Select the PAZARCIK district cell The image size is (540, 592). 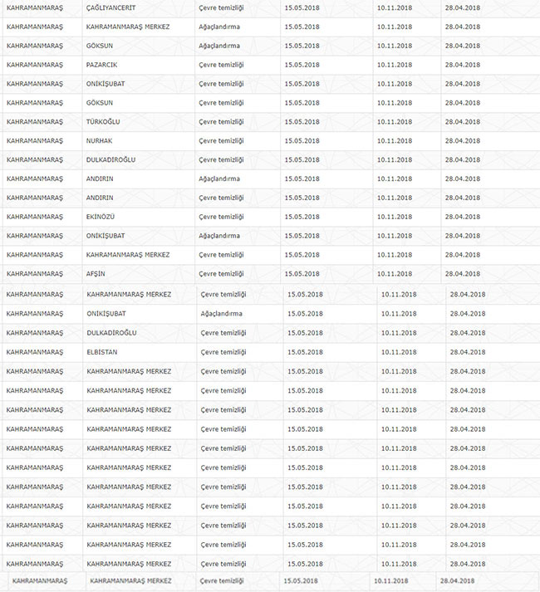102,64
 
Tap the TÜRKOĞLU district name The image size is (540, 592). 103,121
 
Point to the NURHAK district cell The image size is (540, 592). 101,140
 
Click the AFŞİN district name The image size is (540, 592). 97,273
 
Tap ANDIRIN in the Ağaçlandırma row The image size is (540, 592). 100,179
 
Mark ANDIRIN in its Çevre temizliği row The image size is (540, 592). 100,198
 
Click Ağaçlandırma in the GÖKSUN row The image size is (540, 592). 219,46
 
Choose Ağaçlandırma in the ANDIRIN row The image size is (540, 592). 219,179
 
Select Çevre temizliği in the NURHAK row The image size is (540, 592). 221,140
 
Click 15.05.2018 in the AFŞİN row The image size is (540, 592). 301,273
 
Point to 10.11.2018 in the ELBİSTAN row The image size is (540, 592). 399,352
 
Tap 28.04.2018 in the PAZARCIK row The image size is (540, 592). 462,64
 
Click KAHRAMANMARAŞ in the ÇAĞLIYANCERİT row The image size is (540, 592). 34,7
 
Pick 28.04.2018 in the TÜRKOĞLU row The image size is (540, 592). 462,121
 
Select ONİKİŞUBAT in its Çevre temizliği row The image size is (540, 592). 106,83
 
